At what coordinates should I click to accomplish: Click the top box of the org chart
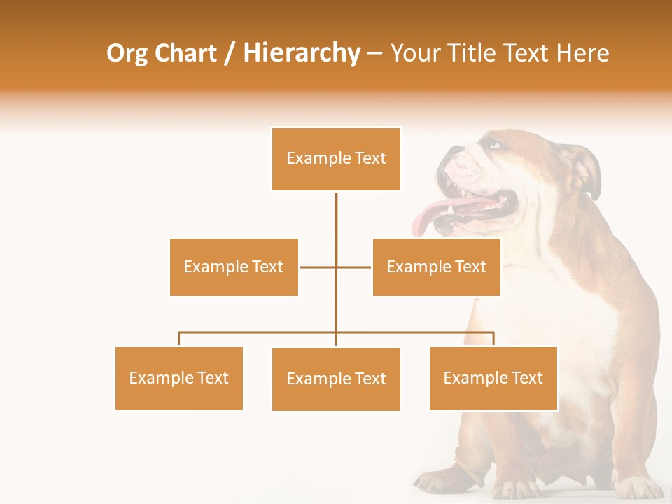336,159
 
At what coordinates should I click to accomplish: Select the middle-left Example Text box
234,267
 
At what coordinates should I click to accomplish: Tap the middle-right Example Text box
436,267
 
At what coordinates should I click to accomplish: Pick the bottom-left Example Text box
179,378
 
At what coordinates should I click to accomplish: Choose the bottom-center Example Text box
336,379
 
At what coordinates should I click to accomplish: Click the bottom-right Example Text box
493,378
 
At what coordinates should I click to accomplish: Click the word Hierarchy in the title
302,52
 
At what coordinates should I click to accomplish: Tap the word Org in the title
127,52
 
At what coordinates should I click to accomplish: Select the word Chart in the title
186,52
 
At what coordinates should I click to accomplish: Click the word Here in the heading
582,52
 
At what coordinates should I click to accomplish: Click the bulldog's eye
494,145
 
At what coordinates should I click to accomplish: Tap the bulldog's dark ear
587,171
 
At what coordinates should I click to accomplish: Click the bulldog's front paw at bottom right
640,487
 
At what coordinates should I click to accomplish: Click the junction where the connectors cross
336,267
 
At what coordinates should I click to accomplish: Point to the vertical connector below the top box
336,224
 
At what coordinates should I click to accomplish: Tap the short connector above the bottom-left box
179,339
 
